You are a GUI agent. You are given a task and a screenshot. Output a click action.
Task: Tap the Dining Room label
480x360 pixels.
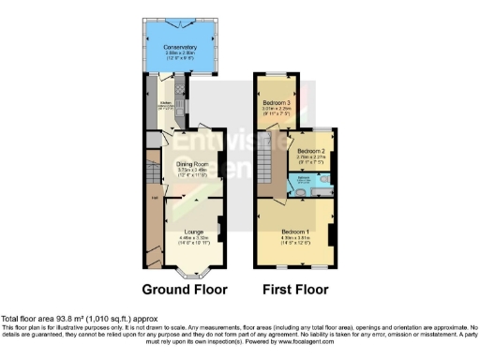tap(192, 164)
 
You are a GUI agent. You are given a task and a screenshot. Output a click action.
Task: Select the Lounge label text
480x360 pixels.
tap(192, 230)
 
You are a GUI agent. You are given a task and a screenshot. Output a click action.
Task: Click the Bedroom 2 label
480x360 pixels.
tap(310, 151)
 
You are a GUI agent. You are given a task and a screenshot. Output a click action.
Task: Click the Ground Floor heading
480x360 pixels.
tap(184, 290)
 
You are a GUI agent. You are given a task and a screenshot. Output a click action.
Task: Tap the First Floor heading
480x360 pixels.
tap(293, 290)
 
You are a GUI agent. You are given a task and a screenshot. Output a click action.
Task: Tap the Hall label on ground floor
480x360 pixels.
tap(151, 197)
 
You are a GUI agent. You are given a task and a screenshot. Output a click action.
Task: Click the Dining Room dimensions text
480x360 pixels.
tap(192, 172)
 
